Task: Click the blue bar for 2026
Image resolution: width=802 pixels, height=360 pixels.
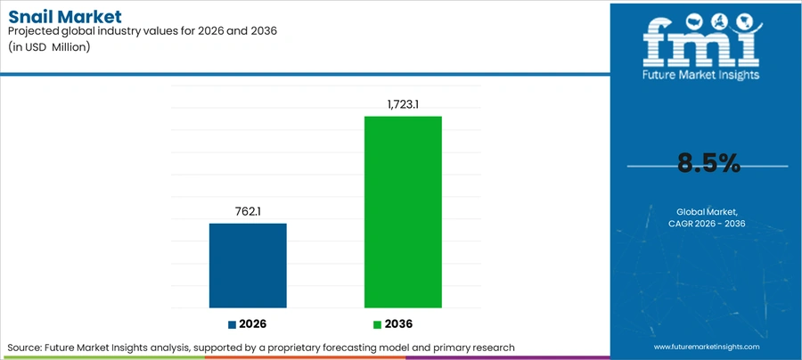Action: coord(248,266)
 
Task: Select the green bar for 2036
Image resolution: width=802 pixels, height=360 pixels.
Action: coord(403,212)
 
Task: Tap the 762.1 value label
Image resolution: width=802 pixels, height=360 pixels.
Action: coord(248,212)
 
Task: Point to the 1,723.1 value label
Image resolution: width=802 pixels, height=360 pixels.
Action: coord(403,105)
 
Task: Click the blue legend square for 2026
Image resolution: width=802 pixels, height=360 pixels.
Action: coord(233,324)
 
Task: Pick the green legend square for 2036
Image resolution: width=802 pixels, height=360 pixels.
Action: coord(378,324)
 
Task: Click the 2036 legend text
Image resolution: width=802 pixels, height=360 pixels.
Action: coord(398,324)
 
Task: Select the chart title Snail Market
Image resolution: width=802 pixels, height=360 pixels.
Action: coord(65,17)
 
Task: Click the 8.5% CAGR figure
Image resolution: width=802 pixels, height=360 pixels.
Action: coord(709,164)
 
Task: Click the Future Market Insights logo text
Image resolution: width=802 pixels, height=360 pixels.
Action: coord(701,75)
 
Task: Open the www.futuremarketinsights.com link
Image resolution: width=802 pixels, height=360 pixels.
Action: coord(707,347)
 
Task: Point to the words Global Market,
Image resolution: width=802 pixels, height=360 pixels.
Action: coord(707,212)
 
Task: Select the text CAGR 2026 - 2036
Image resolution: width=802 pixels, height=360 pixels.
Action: coord(707,224)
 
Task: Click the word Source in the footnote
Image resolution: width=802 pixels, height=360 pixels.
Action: coord(24,348)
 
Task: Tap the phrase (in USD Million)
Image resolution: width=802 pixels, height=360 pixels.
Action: coord(49,47)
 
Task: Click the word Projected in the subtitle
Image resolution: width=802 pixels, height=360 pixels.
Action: coord(32,31)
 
